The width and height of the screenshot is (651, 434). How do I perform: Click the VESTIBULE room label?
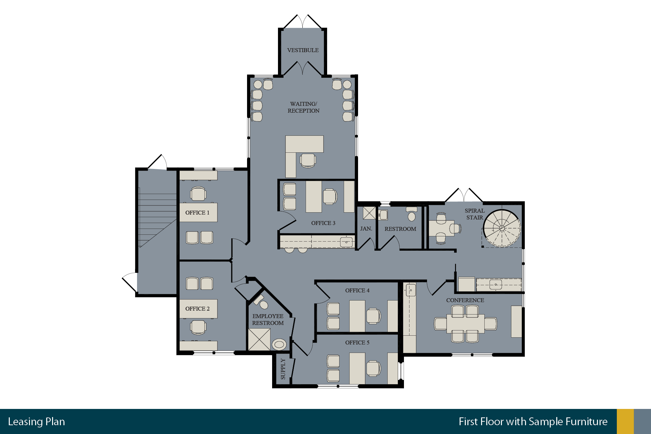pos(303,50)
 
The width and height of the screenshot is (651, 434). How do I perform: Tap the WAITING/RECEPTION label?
pos(303,107)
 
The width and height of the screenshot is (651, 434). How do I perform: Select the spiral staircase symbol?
pos(502,228)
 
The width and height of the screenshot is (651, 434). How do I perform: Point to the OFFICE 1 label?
pos(197,213)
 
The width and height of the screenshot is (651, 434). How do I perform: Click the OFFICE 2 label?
pos(197,309)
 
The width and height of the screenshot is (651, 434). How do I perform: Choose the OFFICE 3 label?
pos(323,223)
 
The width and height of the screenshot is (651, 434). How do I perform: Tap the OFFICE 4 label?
pos(357,290)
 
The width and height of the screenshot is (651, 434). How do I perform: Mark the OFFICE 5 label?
pos(357,343)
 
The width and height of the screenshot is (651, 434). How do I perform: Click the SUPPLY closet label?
pos(283,369)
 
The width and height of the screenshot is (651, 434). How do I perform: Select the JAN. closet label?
pos(366,229)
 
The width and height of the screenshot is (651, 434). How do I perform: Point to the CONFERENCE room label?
pos(465,300)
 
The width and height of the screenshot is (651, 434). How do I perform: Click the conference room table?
pos(465,324)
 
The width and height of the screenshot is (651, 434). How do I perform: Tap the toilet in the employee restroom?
pos(279,344)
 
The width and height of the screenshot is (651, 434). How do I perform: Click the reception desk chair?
pos(308,161)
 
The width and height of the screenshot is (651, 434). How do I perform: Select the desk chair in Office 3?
pos(330,196)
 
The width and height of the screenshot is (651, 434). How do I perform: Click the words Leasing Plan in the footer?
pos(36,422)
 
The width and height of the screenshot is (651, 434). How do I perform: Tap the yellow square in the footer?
pos(625,421)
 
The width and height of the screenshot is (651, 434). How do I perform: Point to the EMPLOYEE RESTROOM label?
pos(268,319)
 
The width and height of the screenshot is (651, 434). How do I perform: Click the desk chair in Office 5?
pos(374,369)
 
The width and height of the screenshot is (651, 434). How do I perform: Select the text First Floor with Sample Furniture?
pos(533,422)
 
